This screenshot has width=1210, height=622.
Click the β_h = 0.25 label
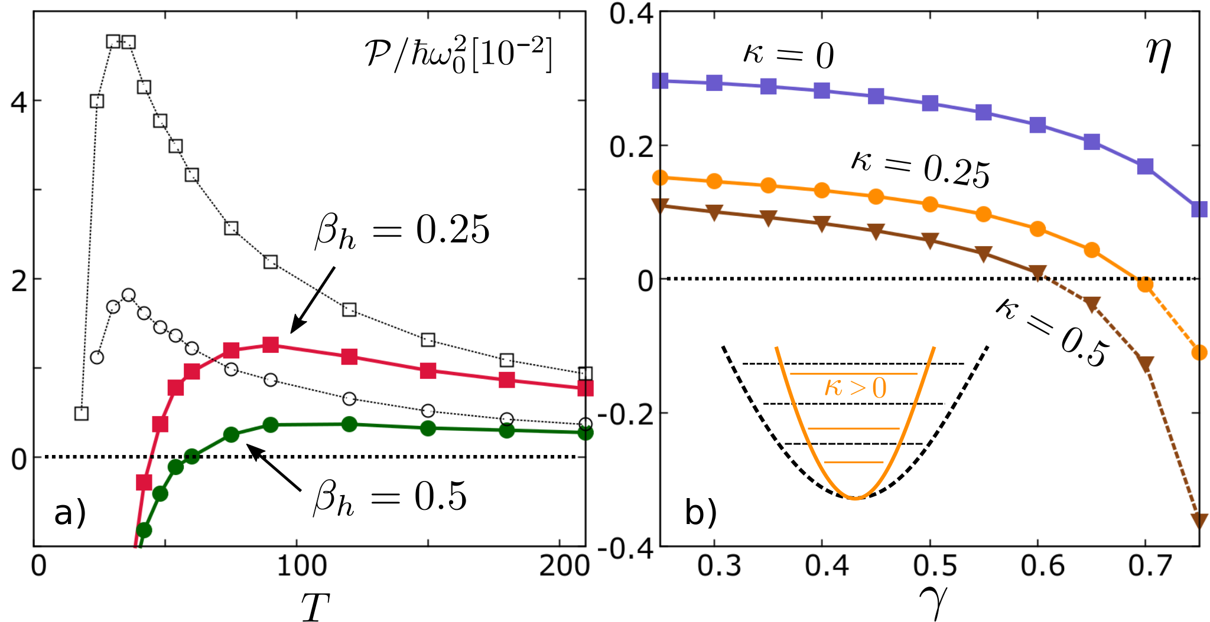[x=402, y=231]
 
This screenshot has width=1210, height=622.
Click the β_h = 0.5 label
[x=390, y=497]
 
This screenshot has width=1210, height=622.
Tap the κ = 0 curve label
[x=788, y=55]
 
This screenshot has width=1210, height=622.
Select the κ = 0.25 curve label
[x=920, y=168]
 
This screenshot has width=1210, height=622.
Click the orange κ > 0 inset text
[x=855, y=388]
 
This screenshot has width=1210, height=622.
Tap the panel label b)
[x=701, y=512]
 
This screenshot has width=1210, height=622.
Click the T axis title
[x=314, y=606]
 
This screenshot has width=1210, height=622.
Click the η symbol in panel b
[x=1158, y=56]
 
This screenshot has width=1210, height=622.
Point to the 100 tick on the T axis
[x=302, y=566]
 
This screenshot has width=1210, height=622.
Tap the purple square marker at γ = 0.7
[x=1146, y=166]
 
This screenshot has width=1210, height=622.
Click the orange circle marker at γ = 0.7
[x=1146, y=284]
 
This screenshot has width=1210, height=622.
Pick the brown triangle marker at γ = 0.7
[x=1146, y=364]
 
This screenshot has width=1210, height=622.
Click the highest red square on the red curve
[x=271, y=345]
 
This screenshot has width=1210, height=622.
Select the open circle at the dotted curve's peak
[x=128, y=295]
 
